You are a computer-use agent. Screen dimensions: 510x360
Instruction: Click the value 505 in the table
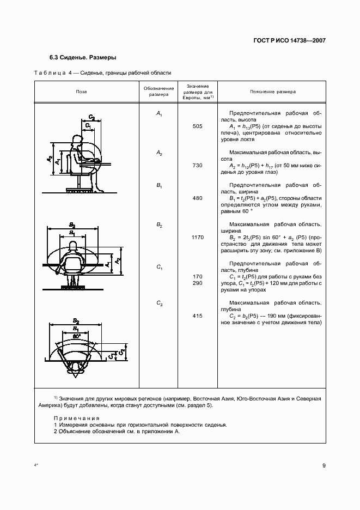point(197,126)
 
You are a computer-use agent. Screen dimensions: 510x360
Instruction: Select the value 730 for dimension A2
point(197,163)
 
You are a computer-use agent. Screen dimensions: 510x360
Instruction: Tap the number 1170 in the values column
point(197,238)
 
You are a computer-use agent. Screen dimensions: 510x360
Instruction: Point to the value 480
point(197,198)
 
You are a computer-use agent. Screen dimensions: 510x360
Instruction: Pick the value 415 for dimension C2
point(197,316)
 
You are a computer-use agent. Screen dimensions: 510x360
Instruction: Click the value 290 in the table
point(197,284)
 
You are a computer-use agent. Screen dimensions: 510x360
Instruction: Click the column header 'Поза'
point(81,92)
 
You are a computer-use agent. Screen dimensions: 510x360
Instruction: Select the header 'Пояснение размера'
point(273,92)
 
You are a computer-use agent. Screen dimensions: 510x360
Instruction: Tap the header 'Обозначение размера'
point(158,92)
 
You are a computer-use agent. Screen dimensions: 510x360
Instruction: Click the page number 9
point(324,465)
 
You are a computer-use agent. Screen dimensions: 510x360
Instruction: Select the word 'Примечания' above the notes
point(76,417)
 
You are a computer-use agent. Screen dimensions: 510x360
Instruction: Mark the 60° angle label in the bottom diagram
point(76,336)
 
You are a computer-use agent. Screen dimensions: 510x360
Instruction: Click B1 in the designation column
point(159,186)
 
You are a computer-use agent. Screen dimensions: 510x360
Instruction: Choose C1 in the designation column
point(159,267)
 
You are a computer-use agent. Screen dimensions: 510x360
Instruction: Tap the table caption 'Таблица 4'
point(57,72)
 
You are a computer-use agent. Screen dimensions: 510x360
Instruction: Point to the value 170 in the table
point(197,277)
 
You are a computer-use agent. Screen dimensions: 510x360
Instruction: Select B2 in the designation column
point(159,225)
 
